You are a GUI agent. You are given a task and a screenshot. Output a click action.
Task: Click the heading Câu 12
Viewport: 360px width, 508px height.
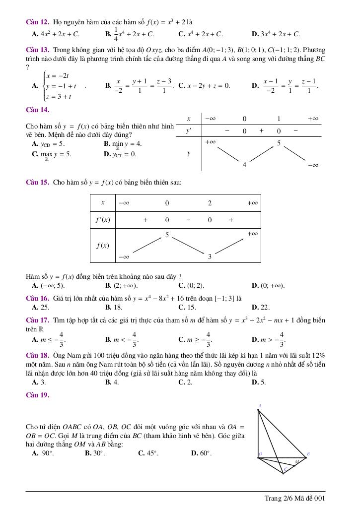[37, 22]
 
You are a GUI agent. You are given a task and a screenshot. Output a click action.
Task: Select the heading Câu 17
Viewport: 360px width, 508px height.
[37, 320]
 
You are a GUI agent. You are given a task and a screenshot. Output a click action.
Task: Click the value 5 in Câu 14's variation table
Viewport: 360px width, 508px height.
[279, 143]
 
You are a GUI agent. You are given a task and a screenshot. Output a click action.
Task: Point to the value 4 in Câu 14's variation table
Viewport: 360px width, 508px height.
[244, 165]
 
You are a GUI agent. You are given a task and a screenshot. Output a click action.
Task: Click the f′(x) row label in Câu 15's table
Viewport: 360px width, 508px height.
[103, 220]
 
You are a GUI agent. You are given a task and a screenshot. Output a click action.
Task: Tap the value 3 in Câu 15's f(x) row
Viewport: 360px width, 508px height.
[210, 256]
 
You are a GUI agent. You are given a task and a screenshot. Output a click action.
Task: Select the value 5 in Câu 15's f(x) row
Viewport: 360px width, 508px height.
[167, 235]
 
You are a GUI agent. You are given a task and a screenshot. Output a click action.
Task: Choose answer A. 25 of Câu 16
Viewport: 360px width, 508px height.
[40, 307]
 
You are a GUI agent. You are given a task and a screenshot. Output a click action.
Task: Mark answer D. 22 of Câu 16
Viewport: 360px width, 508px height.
[261, 307]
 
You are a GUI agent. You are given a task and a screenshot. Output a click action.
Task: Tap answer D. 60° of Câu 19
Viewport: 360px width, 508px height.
[201, 453]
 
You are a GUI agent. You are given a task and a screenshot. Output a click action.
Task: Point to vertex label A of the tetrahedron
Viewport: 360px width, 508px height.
[260, 406]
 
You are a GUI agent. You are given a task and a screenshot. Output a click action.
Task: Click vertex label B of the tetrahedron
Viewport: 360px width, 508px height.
[308, 454]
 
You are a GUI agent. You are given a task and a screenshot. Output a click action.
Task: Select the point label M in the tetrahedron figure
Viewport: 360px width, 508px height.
[297, 462]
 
